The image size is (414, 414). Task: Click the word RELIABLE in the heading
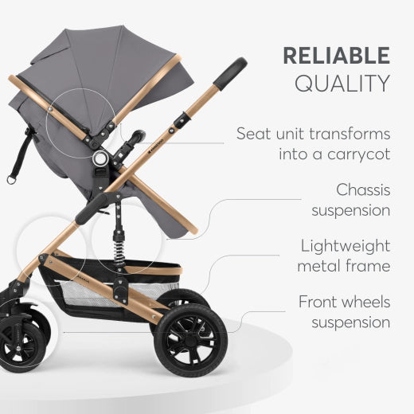pos(337,56)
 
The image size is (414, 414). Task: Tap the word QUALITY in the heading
pos(342,83)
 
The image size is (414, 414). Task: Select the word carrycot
pos(358,154)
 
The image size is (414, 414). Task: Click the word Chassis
pos(363,189)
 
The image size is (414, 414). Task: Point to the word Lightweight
pos(346,247)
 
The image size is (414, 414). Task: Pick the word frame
pos(368,266)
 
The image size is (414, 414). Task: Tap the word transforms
pos(350,134)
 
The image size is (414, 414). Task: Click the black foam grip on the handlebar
pos(231,74)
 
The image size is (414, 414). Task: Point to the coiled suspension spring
pos(119,250)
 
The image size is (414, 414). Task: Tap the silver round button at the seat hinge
pos(100,158)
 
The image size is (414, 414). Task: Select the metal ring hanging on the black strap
pos(11,180)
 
